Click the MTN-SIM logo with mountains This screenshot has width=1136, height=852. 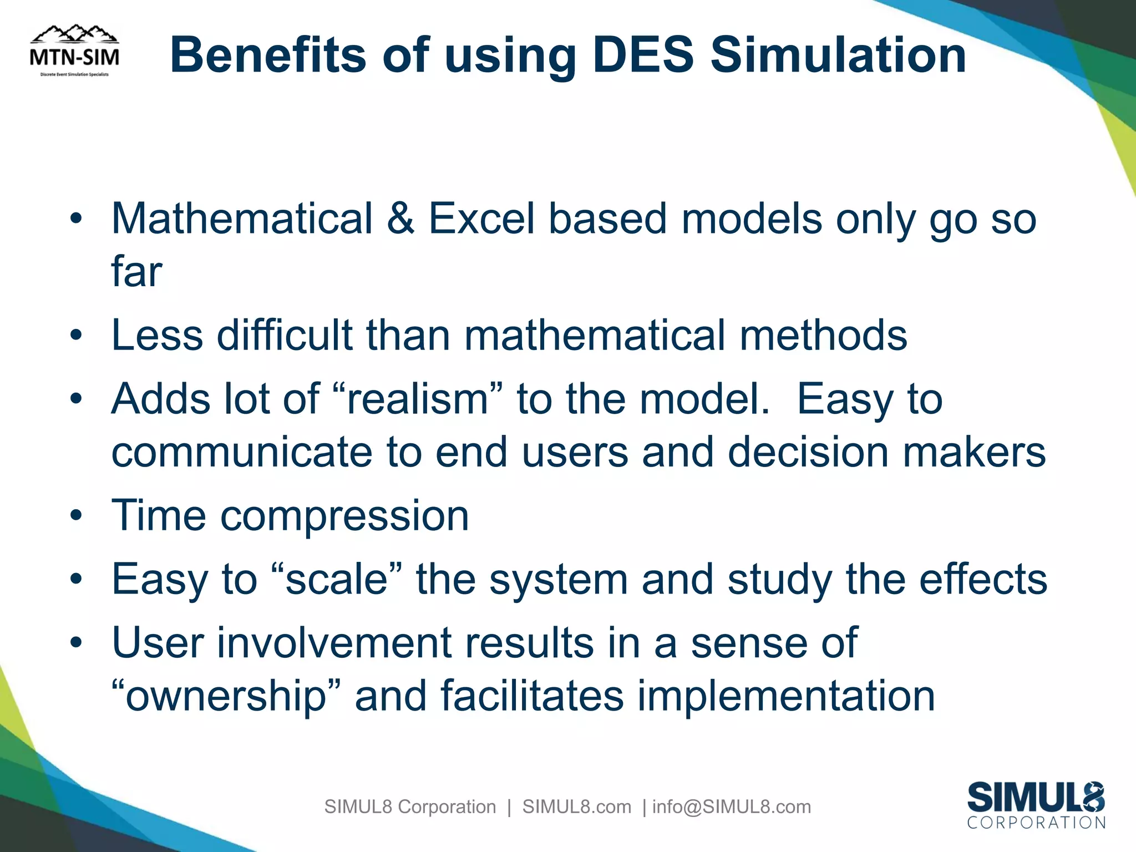pyautogui.click(x=74, y=51)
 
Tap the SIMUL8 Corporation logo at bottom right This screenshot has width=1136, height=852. pyautogui.click(x=1036, y=805)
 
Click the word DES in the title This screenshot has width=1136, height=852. pyautogui.click(x=643, y=55)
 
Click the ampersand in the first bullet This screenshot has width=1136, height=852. pyautogui.click(x=400, y=219)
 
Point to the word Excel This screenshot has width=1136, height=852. pyautogui.click(x=481, y=219)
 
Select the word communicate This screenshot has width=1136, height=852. pyautogui.click(x=241, y=452)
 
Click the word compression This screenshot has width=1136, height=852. pyautogui.click(x=344, y=516)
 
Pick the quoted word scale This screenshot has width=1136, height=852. pyautogui.click(x=336, y=580)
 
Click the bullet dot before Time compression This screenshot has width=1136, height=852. pyautogui.click(x=77, y=516)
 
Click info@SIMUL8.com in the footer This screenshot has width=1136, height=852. pyautogui.click(x=731, y=807)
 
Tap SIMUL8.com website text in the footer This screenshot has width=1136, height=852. pyautogui.click(x=576, y=807)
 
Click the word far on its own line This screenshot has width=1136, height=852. pyautogui.click(x=136, y=272)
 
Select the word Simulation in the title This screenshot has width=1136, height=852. pyautogui.click(x=838, y=55)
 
